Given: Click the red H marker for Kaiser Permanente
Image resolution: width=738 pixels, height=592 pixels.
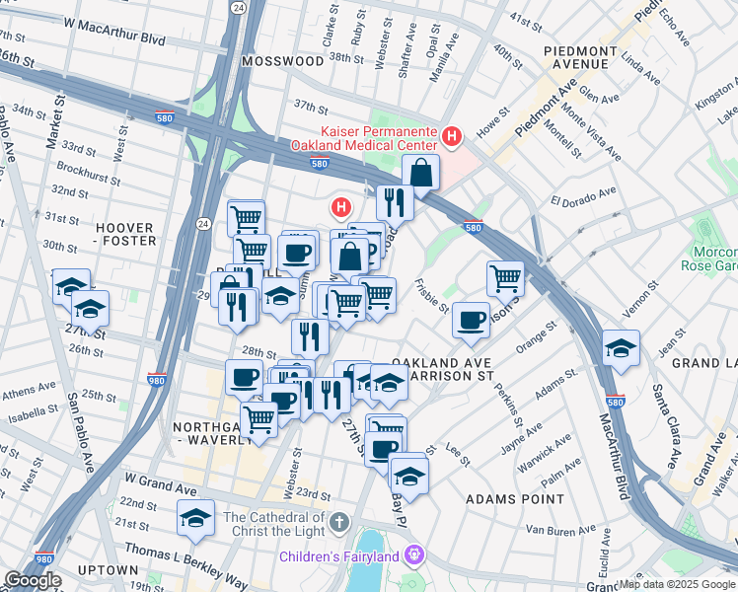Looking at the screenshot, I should click(x=452, y=136).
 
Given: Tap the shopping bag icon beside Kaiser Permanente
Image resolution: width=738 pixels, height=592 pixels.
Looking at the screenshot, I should click(x=420, y=173).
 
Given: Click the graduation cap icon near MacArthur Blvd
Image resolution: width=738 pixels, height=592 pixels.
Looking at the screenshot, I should click(x=620, y=347).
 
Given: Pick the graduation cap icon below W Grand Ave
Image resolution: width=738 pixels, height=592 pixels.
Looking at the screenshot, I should click(x=196, y=517).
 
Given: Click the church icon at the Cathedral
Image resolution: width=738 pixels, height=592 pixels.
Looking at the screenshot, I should click(x=338, y=520).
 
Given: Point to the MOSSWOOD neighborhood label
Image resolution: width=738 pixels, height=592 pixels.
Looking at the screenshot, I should click(x=280, y=60).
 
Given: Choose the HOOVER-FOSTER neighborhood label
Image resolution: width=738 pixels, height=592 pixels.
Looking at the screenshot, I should click(x=125, y=233).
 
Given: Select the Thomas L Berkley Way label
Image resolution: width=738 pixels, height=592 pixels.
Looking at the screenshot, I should click(x=187, y=550).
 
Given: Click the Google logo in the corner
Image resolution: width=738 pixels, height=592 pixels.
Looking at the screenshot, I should click(x=34, y=580).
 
